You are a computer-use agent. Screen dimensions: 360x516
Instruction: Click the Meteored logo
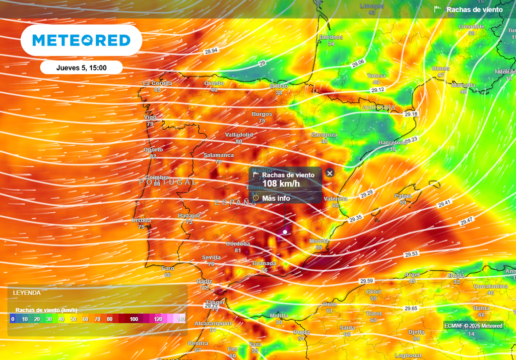(81, 40)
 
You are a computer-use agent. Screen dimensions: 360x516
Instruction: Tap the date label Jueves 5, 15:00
(81, 67)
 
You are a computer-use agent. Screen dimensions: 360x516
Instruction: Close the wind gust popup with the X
(330, 173)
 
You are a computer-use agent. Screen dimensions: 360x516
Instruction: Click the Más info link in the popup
(276, 198)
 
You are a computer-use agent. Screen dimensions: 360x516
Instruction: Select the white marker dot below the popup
(285, 232)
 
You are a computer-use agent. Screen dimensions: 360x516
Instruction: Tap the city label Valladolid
(239, 135)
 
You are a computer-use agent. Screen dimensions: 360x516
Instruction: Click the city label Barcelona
(393, 143)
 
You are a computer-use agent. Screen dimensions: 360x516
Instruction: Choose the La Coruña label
(158, 83)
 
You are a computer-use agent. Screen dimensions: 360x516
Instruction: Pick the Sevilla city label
(211, 257)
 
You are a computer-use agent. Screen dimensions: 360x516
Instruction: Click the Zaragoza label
(324, 135)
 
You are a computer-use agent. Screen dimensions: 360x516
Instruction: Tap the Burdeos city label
(331, 37)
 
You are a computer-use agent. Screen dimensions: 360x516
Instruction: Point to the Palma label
(403, 196)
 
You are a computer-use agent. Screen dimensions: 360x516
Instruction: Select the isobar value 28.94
(211, 51)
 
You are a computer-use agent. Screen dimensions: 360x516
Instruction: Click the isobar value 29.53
(412, 254)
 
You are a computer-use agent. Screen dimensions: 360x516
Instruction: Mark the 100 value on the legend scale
(134, 319)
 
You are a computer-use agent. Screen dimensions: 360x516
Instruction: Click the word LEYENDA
(27, 292)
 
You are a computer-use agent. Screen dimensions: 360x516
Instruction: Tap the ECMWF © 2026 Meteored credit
(473, 326)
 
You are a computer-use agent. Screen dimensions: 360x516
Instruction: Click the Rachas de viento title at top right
(474, 10)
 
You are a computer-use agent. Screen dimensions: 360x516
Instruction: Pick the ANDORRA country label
(378, 108)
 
